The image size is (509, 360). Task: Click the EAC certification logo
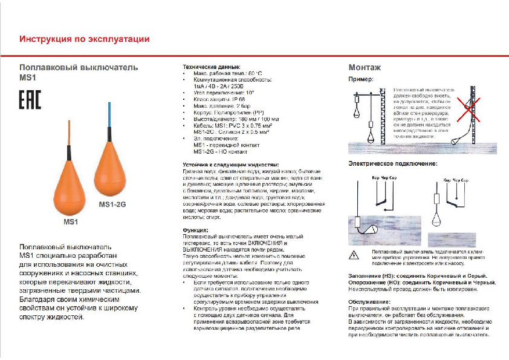pyautogui.click(x=30, y=100)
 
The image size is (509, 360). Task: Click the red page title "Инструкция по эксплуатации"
pyautogui.click(x=85, y=39)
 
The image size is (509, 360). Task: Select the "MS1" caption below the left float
pyautogui.click(x=71, y=222)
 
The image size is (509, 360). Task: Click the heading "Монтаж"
pyautogui.click(x=365, y=67)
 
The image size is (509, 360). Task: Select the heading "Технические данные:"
pyautogui.click(x=212, y=67)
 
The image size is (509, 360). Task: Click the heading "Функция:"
pyautogui.click(x=196, y=231)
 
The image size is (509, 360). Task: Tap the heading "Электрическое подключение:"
pyautogui.click(x=392, y=164)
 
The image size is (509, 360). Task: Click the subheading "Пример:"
pyautogui.click(x=361, y=79)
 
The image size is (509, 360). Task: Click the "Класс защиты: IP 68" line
pyautogui.click(x=219, y=99)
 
